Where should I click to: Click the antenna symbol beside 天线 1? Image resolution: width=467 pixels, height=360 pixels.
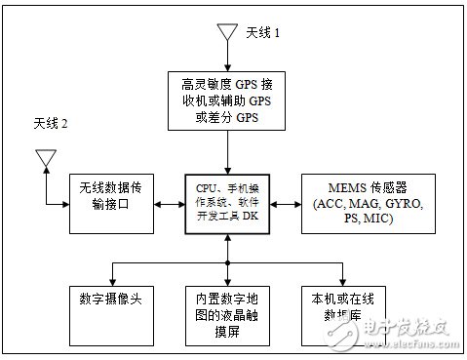[227, 32]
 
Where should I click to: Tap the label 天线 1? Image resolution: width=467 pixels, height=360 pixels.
[262, 32]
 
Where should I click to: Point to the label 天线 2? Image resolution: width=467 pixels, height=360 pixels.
[52, 125]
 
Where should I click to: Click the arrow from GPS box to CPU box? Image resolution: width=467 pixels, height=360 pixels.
[227, 153]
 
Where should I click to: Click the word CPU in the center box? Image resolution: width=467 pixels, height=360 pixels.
[202, 185]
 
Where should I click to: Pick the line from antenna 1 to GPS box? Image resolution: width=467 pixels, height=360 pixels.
[227, 58]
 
